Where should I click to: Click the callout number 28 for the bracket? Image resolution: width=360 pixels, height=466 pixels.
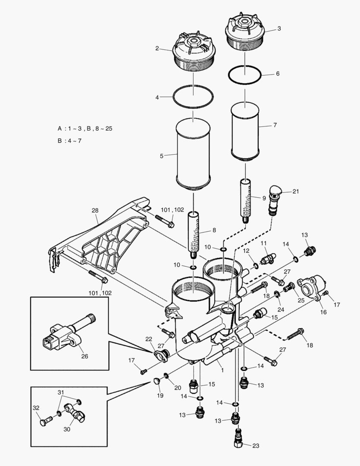click(x=95, y=211)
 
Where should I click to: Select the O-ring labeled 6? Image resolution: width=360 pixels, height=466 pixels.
click(x=245, y=75)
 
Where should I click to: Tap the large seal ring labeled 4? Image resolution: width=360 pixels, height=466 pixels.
click(x=193, y=97)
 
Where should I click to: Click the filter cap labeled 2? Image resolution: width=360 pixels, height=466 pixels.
click(x=193, y=54)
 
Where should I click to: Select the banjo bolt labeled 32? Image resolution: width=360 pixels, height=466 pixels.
click(x=43, y=421)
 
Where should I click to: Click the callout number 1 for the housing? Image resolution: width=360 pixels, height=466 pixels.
click(x=221, y=370)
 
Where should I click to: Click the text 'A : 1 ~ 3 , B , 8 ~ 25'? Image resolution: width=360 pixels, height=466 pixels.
click(x=85, y=129)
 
